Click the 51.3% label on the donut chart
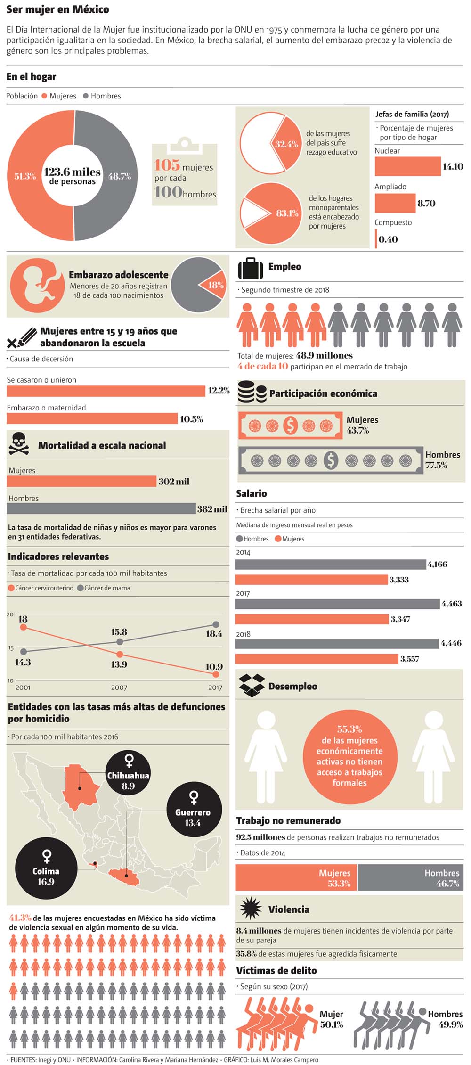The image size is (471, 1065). pyautogui.click(x=25, y=176)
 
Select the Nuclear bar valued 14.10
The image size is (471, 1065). pyautogui.click(x=407, y=166)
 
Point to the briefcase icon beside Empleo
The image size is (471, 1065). pyautogui.click(x=250, y=269)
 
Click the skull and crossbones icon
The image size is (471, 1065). pyautogui.click(x=19, y=444)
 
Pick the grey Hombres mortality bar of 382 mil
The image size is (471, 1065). pyautogui.click(x=101, y=508)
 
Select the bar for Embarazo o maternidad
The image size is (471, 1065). pyautogui.click(x=92, y=418)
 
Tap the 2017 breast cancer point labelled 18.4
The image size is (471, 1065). pyautogui.click(x=216, y=624)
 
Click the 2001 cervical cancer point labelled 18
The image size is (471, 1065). pyautogui.click(x=23, y=627)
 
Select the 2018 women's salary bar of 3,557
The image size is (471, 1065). pyautogui.click(x=317, y=658)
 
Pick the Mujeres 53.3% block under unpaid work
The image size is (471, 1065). pyautogui.click(x=296, y=877)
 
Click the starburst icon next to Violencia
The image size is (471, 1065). pyautogui.click(x=250, y=909)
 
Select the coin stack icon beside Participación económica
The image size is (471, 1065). pyautogui.click(x=252, y=393)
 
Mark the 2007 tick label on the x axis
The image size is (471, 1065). pyautogui.click(x=119, y=688)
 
